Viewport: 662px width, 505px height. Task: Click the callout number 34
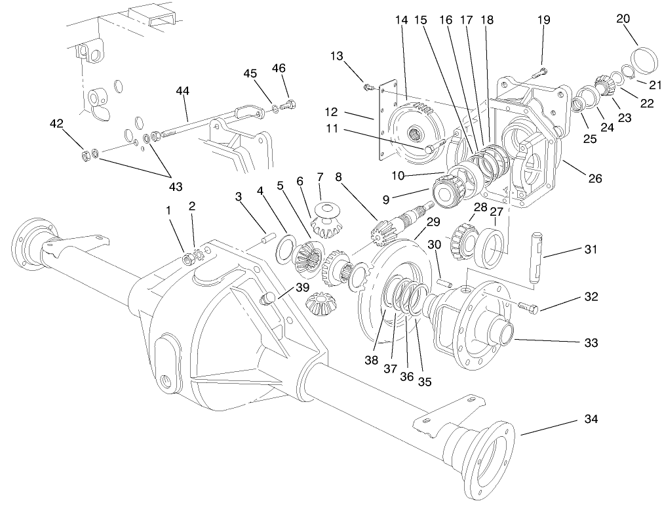tap(591, 418)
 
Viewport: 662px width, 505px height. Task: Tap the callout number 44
tap(183, 91)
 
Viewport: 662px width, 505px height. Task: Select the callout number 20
tap(623, 18)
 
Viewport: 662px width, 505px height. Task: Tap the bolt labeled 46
tap(288, 104)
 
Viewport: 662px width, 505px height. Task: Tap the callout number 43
tap(174, 187)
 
